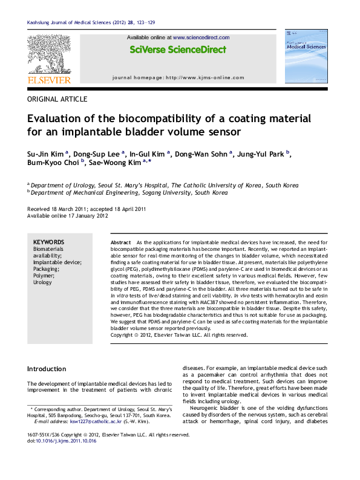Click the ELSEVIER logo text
tap(49, 80)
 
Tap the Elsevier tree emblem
tap(49, 54)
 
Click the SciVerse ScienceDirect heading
tap(178, 50)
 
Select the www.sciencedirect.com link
tap(201, 37)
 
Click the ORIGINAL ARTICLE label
tap(57, 99)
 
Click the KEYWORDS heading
tap(48, 242)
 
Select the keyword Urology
tap(42, 282)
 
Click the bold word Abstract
tap(120, 242)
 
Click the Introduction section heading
tap(47, 369)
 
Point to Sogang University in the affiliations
tap(165, 193)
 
